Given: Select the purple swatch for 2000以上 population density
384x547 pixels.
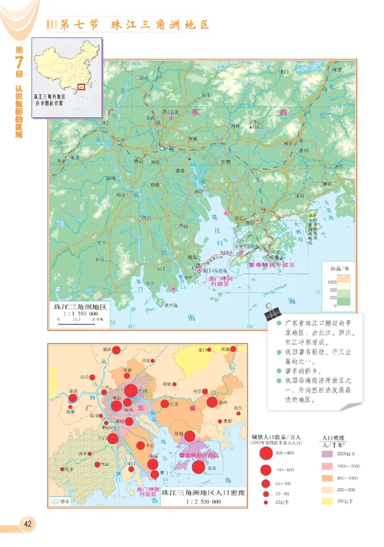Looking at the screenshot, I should coord(328,454).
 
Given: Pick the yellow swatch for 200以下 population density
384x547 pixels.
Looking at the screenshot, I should coord(328,501).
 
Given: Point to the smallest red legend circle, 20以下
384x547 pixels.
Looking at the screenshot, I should coord(265,502).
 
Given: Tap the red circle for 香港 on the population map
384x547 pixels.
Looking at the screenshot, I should coord(198,467).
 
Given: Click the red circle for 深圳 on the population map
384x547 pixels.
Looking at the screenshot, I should coord(190,436).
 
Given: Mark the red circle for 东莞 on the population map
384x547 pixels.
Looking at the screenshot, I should coord(165,404).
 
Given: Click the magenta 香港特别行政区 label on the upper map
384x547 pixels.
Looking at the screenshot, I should coord(271,265).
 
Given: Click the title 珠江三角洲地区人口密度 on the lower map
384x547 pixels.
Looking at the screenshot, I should coord(204,493).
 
